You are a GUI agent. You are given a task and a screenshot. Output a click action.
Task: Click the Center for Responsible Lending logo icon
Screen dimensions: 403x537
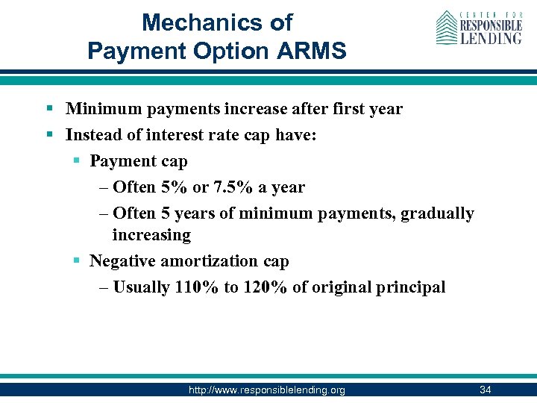pos(447,28)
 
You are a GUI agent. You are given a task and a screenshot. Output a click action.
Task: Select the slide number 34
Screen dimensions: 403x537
pos(485,390)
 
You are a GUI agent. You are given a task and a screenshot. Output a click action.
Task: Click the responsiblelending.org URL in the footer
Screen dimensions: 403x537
pos(267,390)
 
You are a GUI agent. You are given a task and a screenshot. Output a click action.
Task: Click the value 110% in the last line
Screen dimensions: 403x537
pos(197,287)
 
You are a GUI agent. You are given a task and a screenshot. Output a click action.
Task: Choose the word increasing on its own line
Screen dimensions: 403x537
pos(151,235)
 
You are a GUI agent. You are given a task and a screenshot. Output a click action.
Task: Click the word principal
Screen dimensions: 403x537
pos(412,287)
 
